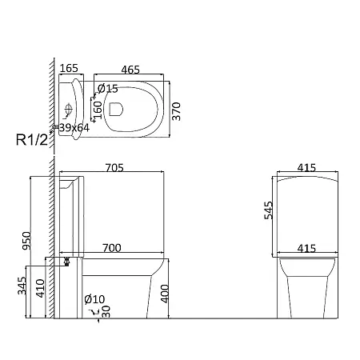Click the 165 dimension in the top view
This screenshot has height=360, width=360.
pos(69,68)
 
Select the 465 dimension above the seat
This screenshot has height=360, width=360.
pos(130,70)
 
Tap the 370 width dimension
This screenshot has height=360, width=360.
pos(176,111)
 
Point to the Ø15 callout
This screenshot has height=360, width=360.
pos(108,89)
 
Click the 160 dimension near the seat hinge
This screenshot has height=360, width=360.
pos(98,110)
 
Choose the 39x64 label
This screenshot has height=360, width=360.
pos(74,128)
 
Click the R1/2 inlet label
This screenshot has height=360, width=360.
pos(32,140)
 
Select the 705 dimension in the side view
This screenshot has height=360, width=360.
pos(114,168)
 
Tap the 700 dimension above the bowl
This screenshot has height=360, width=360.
pos(112,248)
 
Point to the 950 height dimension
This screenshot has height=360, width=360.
pos(26,241)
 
